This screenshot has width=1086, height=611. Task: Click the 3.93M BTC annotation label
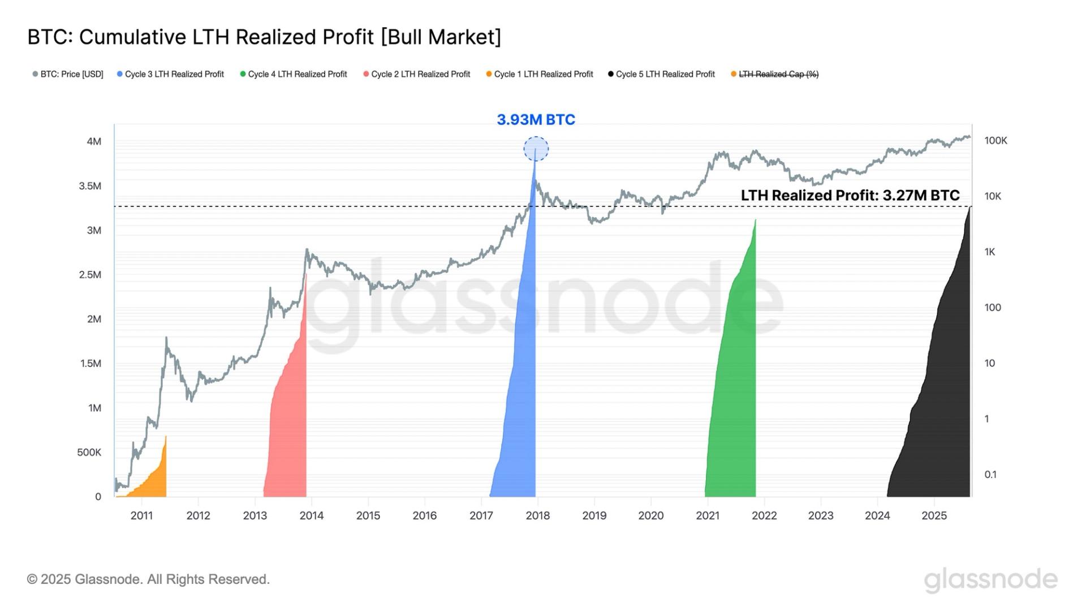click(x=536, y=120)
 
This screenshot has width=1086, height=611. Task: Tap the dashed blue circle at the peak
click(x=536, y=149)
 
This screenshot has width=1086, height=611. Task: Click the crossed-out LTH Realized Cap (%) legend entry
click(x=774, y=74)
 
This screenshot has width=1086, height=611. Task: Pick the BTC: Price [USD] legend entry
click(x=68, y=74)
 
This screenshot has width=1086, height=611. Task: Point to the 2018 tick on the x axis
click(x=537, y=515)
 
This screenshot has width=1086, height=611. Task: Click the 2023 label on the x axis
click(x=820, y=515)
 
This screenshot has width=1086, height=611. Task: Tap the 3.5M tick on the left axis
click(x=90, y=186)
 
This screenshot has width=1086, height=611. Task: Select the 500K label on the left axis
click(x=89, y=453)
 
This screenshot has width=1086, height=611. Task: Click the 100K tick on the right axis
click(x=996, y=141)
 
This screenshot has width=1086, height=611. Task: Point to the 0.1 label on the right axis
click(x=990, y=475)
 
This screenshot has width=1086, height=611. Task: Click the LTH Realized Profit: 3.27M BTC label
click(x=850, y=196)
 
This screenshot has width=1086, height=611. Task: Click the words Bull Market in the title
click(x=441, y=37)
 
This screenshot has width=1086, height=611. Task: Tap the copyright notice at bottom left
click(x=148, y=579)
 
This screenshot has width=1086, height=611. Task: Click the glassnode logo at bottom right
click(x=990, y=580)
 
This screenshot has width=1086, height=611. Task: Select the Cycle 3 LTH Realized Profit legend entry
click(x=170, y=74)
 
